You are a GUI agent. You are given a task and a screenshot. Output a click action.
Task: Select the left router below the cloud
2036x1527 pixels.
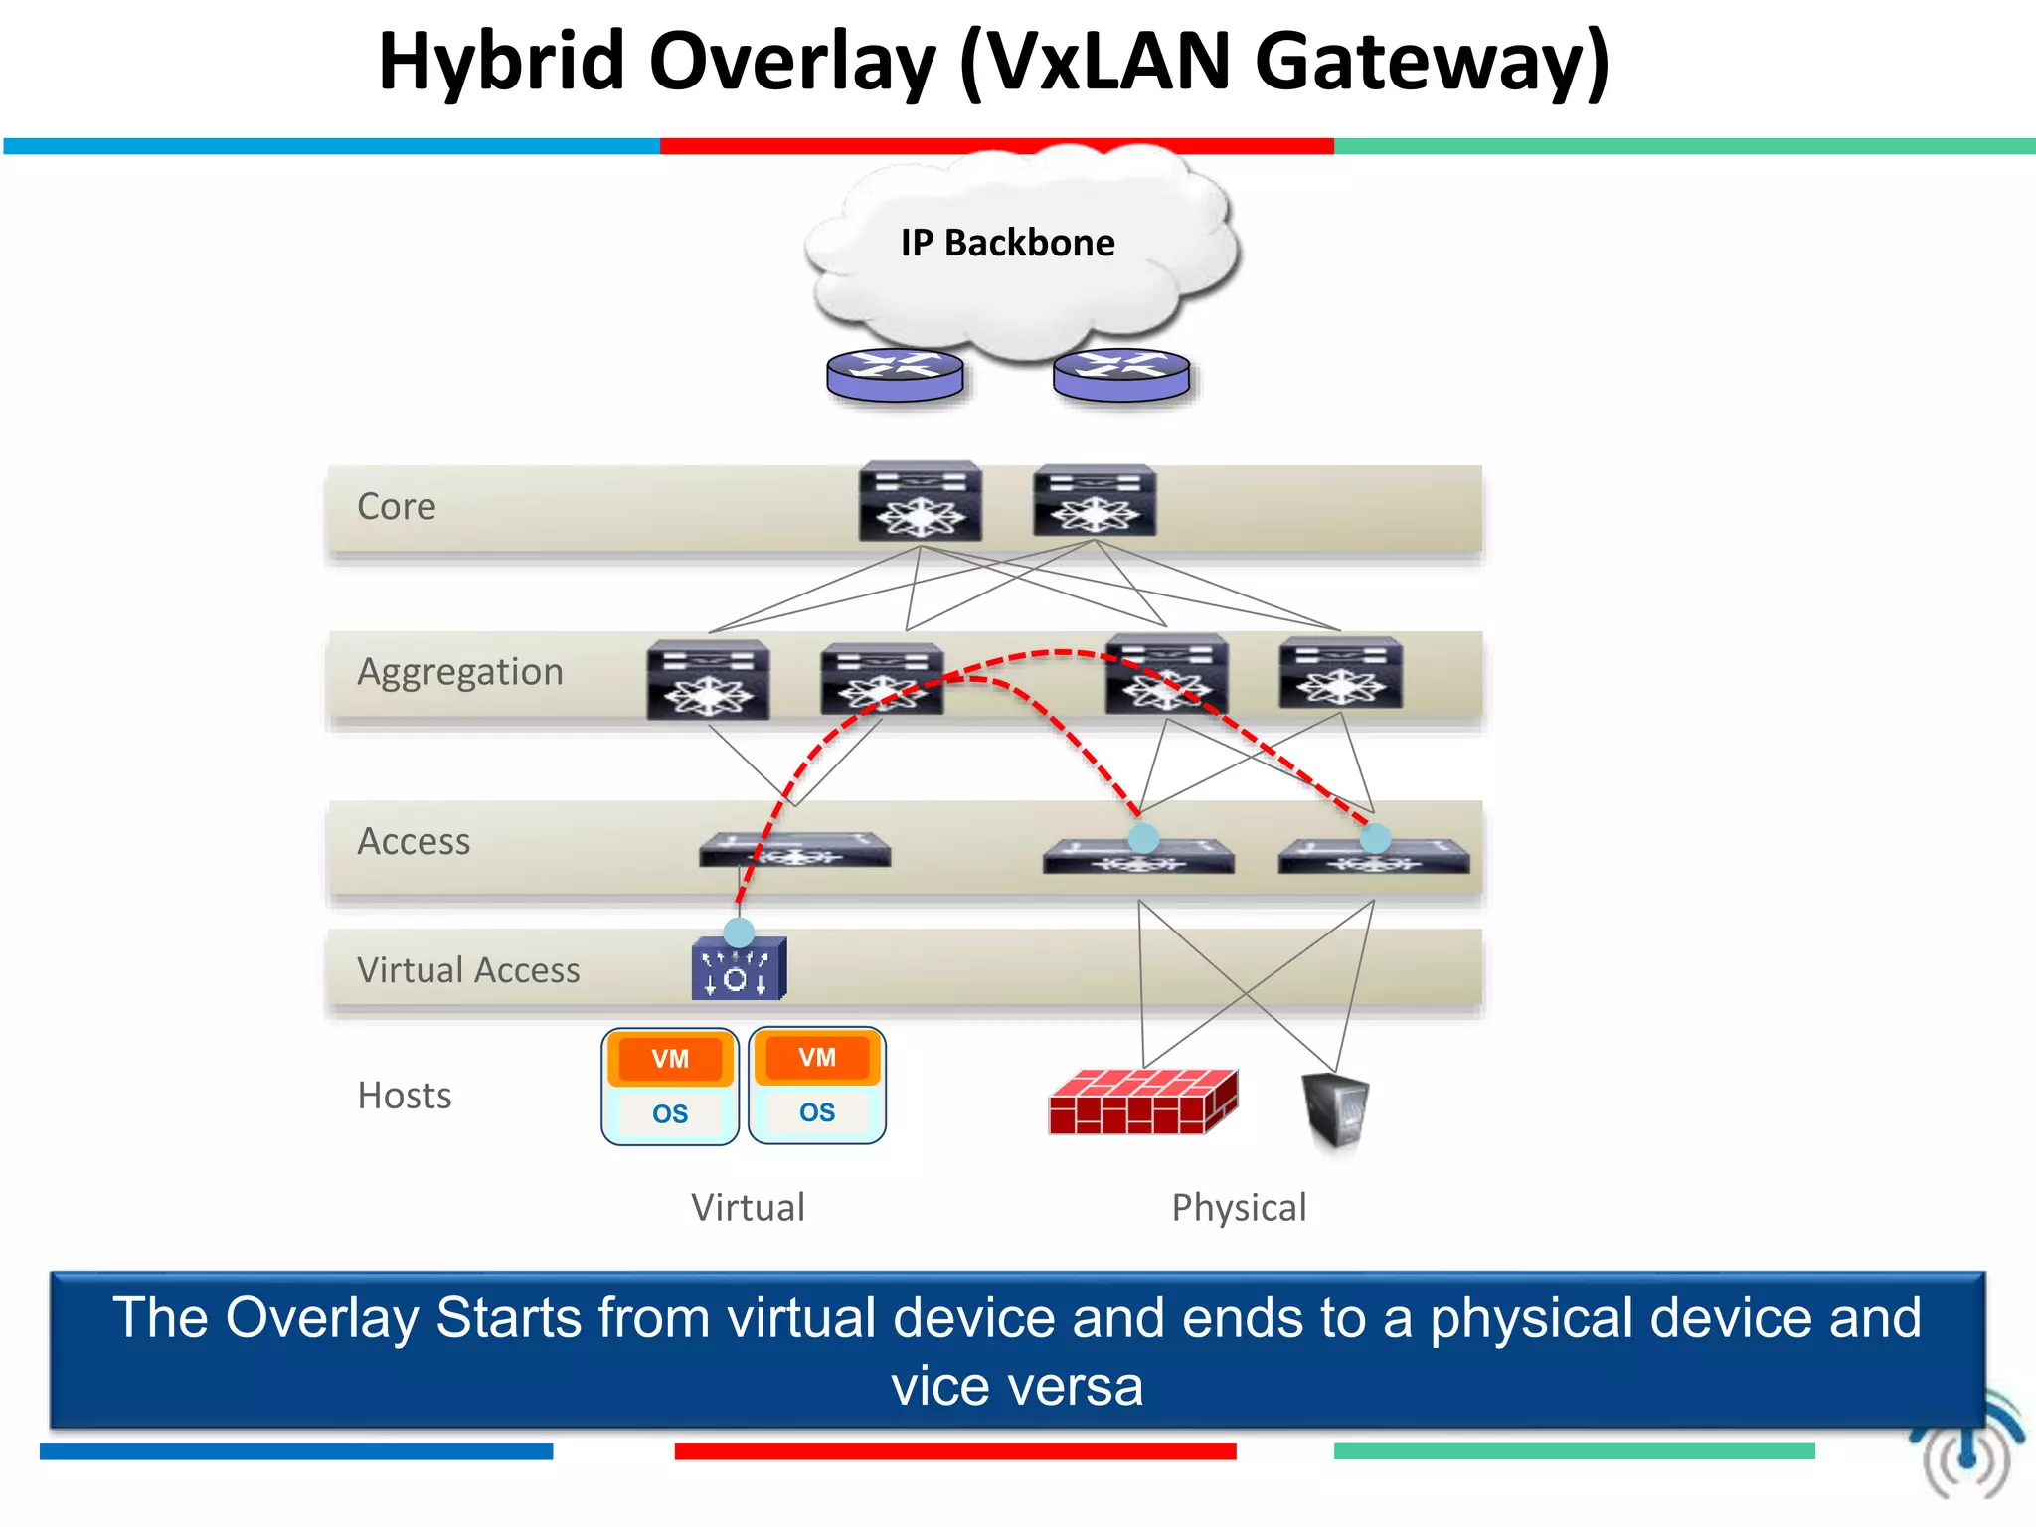895,376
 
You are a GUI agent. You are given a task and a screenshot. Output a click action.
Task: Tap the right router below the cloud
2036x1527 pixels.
1121,376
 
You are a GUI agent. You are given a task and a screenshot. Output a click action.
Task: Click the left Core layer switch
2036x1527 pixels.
921,502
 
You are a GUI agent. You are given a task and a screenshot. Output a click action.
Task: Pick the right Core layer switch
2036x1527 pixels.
1095,502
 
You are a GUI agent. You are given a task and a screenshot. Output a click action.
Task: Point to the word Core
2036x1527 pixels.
396,507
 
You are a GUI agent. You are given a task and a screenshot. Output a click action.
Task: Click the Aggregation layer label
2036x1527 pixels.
459,672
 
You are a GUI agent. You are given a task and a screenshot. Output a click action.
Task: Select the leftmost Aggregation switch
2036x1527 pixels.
708,680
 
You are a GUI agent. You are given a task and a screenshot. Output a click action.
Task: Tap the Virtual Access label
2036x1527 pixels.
468,970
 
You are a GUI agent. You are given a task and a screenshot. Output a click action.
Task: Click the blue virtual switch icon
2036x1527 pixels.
739,969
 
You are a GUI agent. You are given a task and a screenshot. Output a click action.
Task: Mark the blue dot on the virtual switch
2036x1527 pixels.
739,933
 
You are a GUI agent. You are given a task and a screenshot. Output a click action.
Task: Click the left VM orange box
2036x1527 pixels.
670,1059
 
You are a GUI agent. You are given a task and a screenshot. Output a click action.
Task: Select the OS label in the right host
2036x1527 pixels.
817,1112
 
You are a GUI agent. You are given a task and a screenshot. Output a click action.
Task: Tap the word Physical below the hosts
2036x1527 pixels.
1239,1208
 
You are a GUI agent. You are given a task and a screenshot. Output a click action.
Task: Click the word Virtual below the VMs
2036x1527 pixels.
748,1208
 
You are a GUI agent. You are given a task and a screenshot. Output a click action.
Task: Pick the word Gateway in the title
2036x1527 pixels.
1432,62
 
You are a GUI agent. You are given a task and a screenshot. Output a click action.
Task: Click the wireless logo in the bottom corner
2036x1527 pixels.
1966,1451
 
